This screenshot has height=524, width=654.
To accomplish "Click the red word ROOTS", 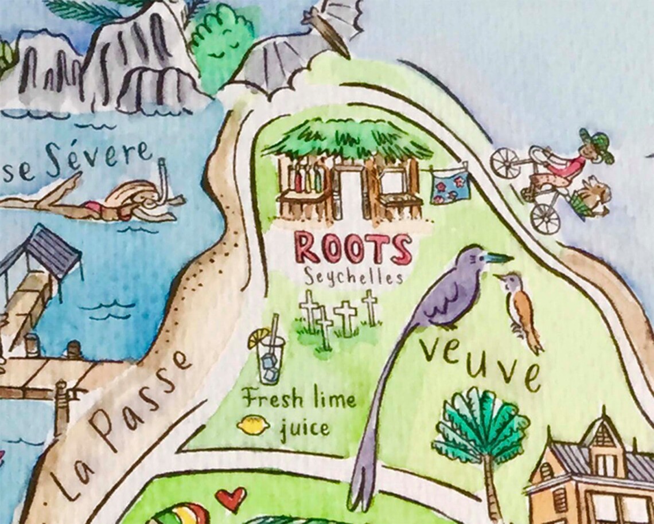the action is coord(353,248).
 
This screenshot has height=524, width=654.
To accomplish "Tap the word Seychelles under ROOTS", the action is coord(353,277).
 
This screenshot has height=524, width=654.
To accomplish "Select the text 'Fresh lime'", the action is coord(298,398).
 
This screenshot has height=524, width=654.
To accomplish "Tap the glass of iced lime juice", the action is coord(270,358).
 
